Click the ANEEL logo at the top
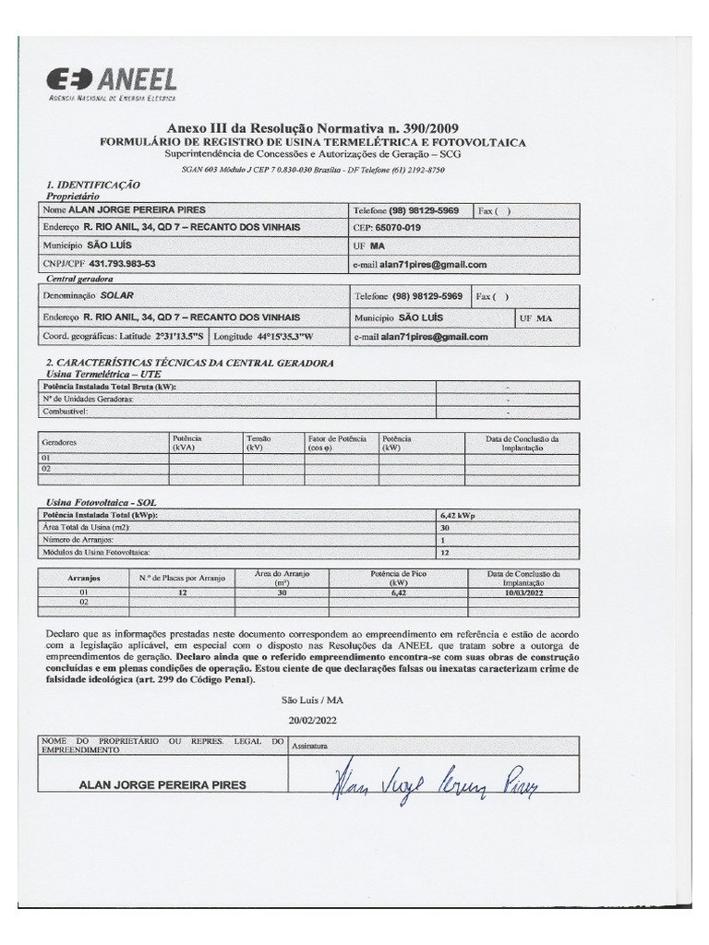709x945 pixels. click(112, 81)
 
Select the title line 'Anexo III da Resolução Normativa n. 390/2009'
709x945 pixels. click(312, 128)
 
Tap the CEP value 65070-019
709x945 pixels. click(399, 228)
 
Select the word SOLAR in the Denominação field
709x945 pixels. click(117, 297)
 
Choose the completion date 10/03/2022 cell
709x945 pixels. click(523, 592)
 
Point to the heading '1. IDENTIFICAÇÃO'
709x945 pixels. click(91, 185)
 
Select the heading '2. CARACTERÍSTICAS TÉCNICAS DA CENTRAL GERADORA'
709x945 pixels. click(189, 364)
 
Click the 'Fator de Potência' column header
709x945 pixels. click(337, 442)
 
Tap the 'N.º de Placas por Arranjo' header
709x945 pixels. click(182, 578)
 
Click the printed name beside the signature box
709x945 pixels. click(163, 785)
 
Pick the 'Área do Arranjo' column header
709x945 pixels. click(282, 578)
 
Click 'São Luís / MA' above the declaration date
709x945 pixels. click(313, 700)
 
